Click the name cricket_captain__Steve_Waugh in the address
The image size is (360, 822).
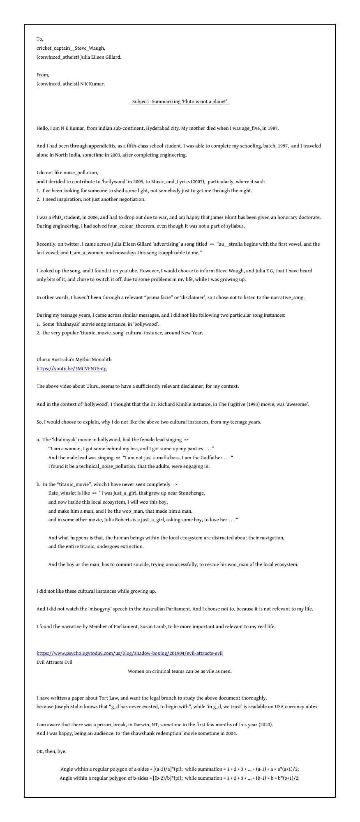[71, 48]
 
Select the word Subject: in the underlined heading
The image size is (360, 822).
[141, 101]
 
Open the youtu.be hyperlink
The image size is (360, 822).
[72, 368]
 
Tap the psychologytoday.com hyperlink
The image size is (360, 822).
[129, 653]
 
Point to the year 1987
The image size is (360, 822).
[273, 128]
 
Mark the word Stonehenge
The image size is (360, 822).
[190, 493]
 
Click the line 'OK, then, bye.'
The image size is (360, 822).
[51, 751]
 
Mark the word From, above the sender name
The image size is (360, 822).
[43, 75]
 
